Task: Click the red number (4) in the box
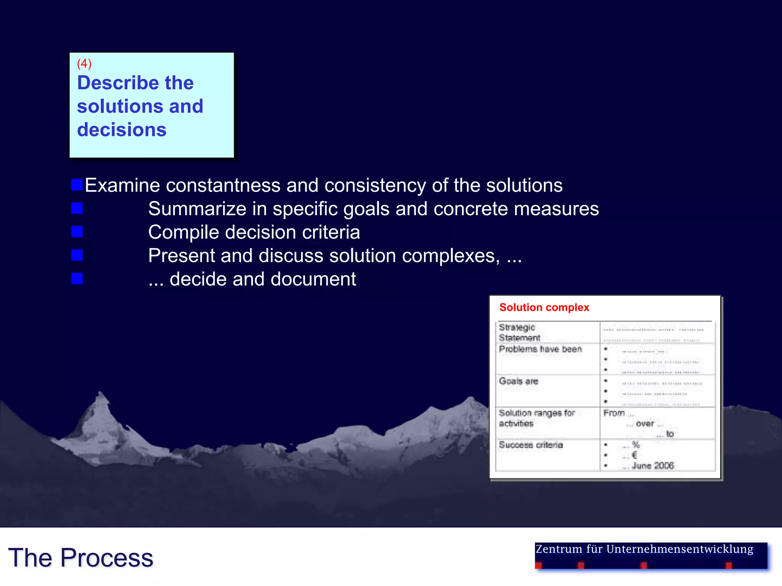tap(84, 63)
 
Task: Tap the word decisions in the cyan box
tap(121, 130)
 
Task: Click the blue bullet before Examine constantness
tap(77, 185)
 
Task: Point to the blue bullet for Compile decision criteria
tap(77, 232)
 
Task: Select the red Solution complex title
tap(544, 307)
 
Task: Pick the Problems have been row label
tap(540, 349)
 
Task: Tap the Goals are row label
tap(518, 381)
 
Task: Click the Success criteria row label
tap(530, 445)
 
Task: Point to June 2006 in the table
tap(652, 465)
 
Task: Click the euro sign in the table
tap(634, 455)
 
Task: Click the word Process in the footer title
tap(107, 558)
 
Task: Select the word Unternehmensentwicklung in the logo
tap(679, 549)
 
